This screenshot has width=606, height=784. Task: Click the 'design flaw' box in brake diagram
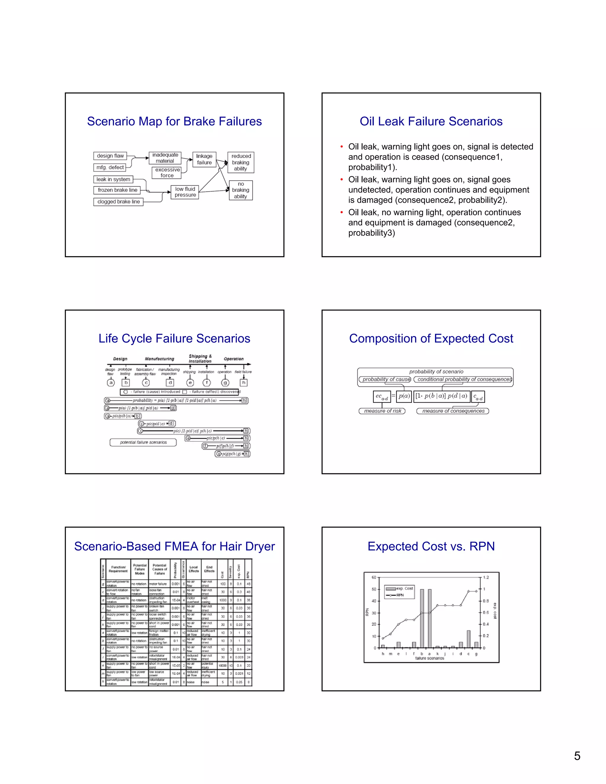(x=110, y=156)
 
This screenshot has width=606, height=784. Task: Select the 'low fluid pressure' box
(x=185, y=192)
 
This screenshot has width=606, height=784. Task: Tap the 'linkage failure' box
(x=204, y=159)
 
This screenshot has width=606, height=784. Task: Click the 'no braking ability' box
(x=241, y=190)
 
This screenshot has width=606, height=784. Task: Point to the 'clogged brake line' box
(x=118, y=202)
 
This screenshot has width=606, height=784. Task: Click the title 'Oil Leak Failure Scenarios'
(x=431, y=121)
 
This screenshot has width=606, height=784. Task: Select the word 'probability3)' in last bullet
(x=371, y=233)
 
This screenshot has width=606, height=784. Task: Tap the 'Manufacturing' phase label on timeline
(x=159, y=359)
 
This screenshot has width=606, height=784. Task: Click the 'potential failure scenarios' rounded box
(x=143, y=442)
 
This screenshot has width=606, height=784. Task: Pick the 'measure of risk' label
(x=382, y=411)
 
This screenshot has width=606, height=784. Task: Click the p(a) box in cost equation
(x=404, y=396)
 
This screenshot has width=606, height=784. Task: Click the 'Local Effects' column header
(x=194, y=569)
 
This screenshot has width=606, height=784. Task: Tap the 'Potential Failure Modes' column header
(x=140, y=569)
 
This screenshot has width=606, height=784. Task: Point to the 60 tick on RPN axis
(x=374, y=577)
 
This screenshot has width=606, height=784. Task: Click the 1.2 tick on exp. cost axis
(x=486, y=577)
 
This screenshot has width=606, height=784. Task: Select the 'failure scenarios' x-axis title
(x=429, y=658)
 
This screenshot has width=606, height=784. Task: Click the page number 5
(x=577, y=756)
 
